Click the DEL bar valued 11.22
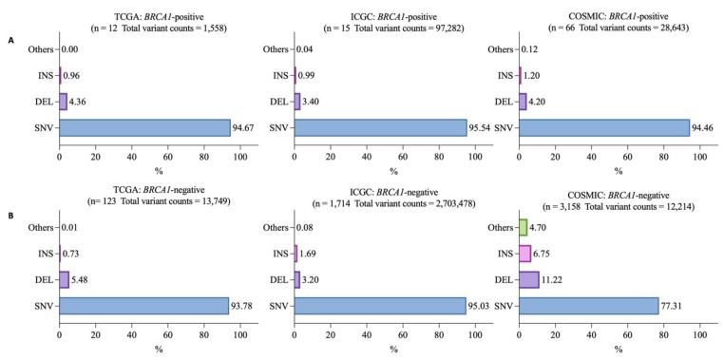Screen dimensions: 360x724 [x=528, y=279]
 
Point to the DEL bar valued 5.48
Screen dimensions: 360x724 [x=64, y=279]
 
